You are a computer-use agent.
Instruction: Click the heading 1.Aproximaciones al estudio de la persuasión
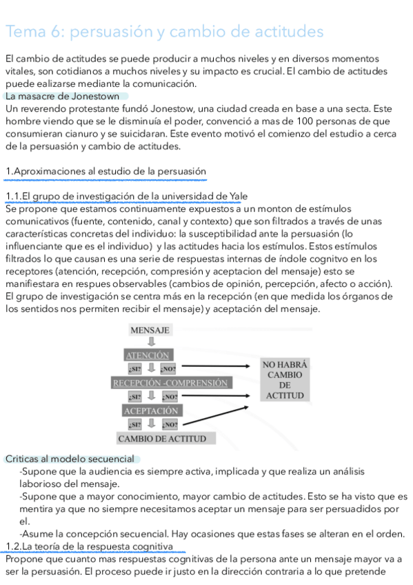point(105,171)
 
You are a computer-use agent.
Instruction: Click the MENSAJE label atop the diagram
point(150,330)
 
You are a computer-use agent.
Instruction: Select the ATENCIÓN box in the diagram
point(148,355)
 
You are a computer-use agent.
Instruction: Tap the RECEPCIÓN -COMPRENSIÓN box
point(170,382)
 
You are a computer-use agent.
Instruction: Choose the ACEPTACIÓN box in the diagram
point(151,410)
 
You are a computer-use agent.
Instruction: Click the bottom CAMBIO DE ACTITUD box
point(161,438)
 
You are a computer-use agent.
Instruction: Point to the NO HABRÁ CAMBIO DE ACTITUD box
point(285,379)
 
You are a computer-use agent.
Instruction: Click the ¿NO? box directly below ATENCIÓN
point(168,369)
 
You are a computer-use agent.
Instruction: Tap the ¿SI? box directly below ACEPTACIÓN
point(134,424)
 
